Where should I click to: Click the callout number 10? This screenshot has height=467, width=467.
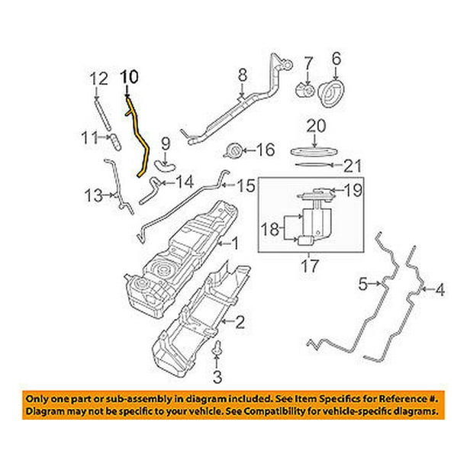coord(130,76)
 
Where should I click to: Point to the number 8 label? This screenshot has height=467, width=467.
coord(243,75)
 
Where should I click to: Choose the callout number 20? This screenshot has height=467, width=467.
coord(316,126)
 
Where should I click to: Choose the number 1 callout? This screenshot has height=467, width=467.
coord(234,244)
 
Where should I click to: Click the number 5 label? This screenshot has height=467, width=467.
coord(365,285)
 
